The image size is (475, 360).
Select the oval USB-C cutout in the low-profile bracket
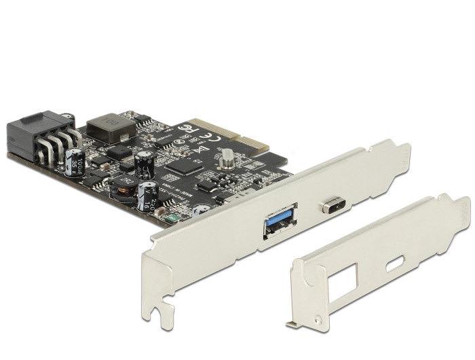[394, 264]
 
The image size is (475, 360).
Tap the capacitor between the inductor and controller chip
[143, 164]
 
